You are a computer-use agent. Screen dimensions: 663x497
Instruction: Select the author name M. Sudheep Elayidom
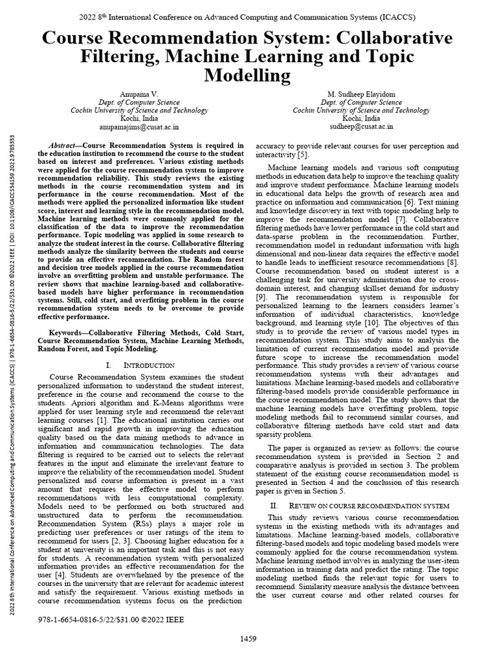361,94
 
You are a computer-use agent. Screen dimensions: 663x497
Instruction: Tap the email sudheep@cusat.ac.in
361,128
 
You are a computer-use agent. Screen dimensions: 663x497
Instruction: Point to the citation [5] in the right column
303,155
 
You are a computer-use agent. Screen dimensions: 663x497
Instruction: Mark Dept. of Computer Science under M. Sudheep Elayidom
361,102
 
